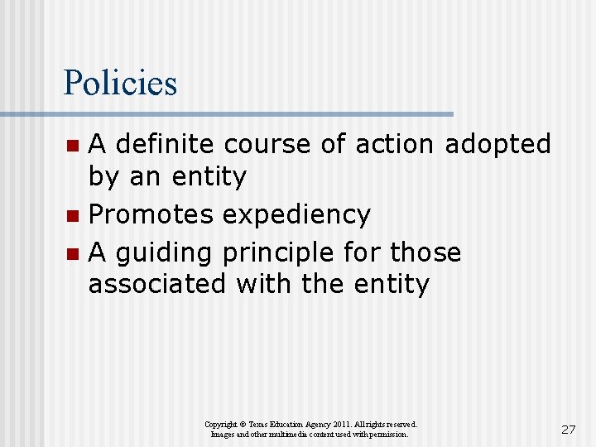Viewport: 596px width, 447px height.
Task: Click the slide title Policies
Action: [120, 84]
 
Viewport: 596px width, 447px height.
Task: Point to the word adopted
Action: [497, 144]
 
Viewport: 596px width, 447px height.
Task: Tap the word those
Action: [425, 251]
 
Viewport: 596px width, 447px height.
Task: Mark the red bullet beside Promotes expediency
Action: [73, 216]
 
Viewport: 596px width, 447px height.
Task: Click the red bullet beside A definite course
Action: [73, 146]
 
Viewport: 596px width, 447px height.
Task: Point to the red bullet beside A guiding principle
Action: [73, 253]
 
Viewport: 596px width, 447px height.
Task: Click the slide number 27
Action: [568, 429]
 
